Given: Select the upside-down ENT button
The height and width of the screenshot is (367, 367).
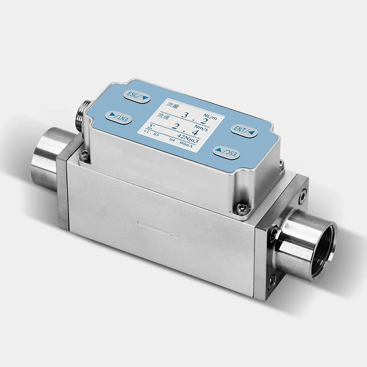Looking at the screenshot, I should click(x=119, y=117).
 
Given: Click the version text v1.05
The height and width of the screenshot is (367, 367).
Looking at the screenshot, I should click(x=150, y=133).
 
